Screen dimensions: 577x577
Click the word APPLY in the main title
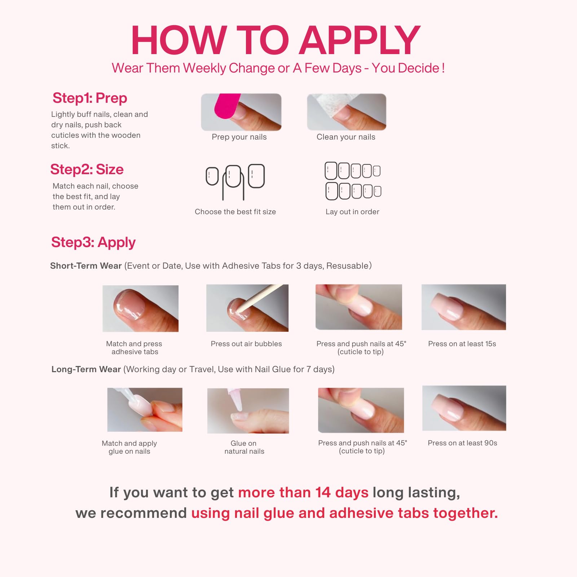point(360,40)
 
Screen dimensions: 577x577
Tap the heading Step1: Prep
point(90,98)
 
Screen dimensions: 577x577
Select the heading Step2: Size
point(87,169)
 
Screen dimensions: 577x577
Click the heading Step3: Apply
point(93,242)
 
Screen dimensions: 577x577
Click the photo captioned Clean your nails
point(347,112)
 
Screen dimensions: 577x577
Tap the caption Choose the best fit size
point(235,212)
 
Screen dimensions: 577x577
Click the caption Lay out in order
point(352,212)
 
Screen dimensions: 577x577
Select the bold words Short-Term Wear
point(86,266)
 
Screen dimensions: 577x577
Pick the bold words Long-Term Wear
point(86,369)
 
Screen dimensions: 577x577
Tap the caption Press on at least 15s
point(462,344)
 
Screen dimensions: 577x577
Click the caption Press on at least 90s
point(462,443)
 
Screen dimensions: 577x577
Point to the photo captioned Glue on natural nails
point(248,411)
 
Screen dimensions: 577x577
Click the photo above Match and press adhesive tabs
point(141,308)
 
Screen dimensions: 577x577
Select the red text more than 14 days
point(303,492)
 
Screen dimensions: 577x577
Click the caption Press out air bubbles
point(246,344)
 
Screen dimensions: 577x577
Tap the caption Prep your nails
point(239,137)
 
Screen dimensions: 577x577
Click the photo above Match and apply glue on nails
point(145,410)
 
